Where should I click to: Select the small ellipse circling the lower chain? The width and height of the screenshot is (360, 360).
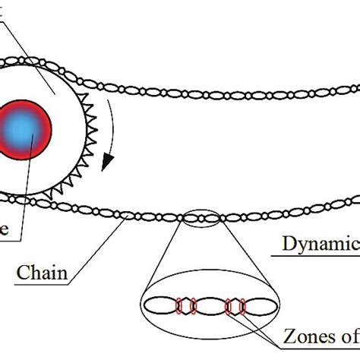pyautogui.click(x=202, y=218)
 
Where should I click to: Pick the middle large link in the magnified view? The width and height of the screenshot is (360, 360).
pyautogui.click(x=210, y=306)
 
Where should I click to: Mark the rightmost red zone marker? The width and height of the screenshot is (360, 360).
pyautogui.click(x=242, y=307)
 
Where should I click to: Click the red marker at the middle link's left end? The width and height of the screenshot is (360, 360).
pyautogui.click(x=193, y=306)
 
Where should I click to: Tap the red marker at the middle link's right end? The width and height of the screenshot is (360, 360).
pyautogui.click(x=228, y=307)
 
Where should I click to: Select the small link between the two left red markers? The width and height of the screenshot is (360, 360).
pyautogui.click(x=187, y=306)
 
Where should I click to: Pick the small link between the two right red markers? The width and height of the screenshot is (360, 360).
pyautogui.click(x=235, y=307)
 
